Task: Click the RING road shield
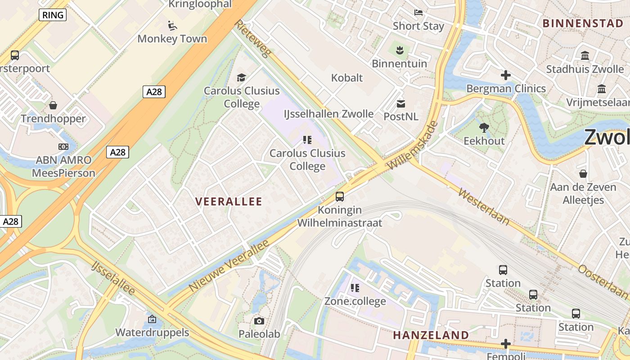(53, 15)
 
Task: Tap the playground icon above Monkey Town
(172, 25)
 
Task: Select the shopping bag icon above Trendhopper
(53, 105)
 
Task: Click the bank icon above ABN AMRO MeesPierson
(63, 146)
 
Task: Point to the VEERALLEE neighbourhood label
(229, 202)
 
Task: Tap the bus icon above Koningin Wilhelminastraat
(340, 197)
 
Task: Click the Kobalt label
(346, 78)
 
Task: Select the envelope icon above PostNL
(400, 104)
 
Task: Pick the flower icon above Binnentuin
(399, 49)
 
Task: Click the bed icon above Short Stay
(418, 13)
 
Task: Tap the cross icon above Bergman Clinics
(506, 75)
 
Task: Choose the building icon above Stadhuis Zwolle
(585, 56)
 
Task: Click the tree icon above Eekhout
(484, 128)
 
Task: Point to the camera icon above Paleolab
(259, 321)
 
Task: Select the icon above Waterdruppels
(152, 319)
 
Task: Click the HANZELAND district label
(431, 335)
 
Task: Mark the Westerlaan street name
(484, 207)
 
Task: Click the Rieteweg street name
(253, 39)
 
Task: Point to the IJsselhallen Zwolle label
(328, 114)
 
